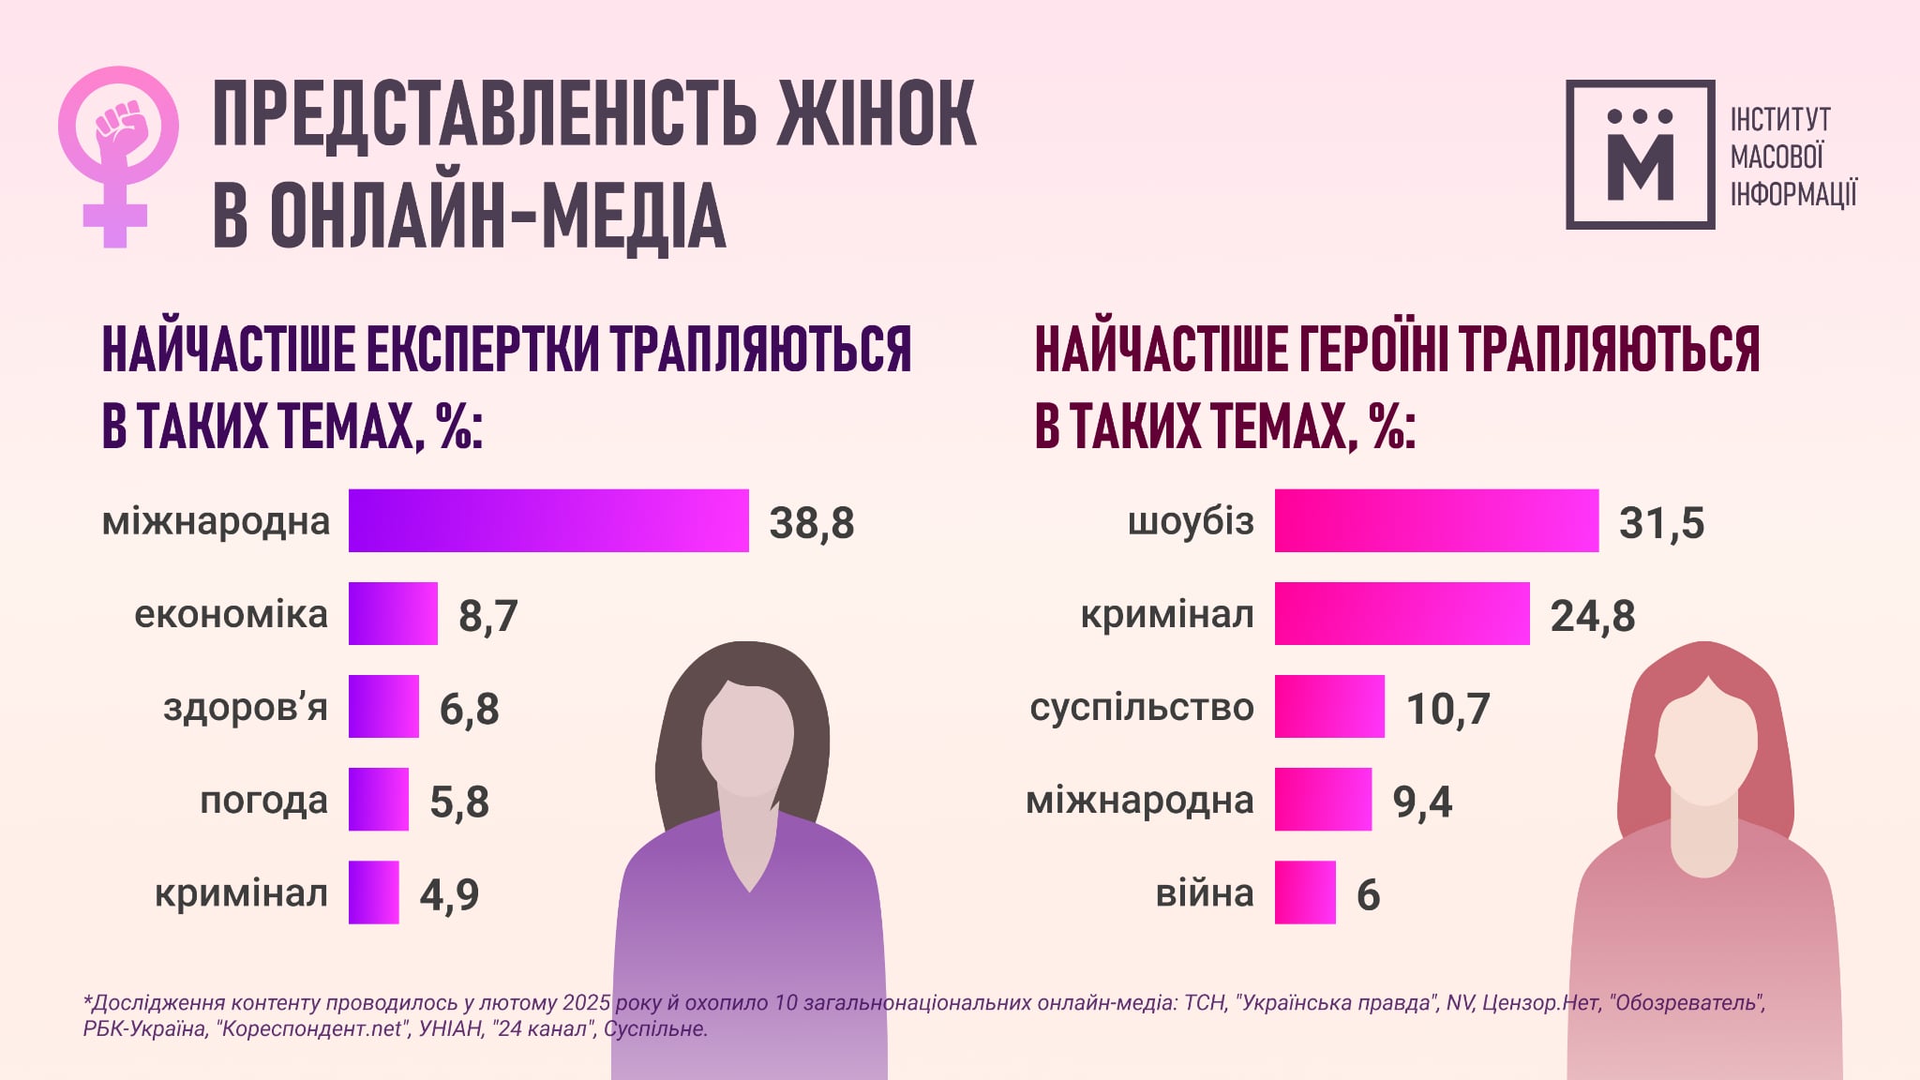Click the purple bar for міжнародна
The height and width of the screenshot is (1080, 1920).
[548, 520]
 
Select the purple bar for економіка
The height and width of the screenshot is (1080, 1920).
[393, 613]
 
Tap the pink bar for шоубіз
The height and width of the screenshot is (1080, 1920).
[1436, 520]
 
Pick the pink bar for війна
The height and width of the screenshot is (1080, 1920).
[1305, 892]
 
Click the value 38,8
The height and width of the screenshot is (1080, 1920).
[812, 523]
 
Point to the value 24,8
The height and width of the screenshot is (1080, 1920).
[1593, 616]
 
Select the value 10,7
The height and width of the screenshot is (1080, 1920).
[1447, 709]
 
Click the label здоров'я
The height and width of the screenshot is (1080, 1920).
[246, 707]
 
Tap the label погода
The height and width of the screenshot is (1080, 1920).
[263, 801]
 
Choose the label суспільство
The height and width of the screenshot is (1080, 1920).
[1141, 707]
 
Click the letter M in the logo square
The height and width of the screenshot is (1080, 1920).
[1641, 167]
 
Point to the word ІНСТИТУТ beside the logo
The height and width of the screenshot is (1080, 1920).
[1780, 120]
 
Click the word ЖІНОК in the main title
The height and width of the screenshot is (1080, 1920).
[877, 114]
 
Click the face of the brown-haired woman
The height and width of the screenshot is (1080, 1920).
[748, 741]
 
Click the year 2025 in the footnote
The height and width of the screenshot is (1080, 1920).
[587, 1003]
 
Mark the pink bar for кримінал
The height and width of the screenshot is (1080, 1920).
[1402, 613]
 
